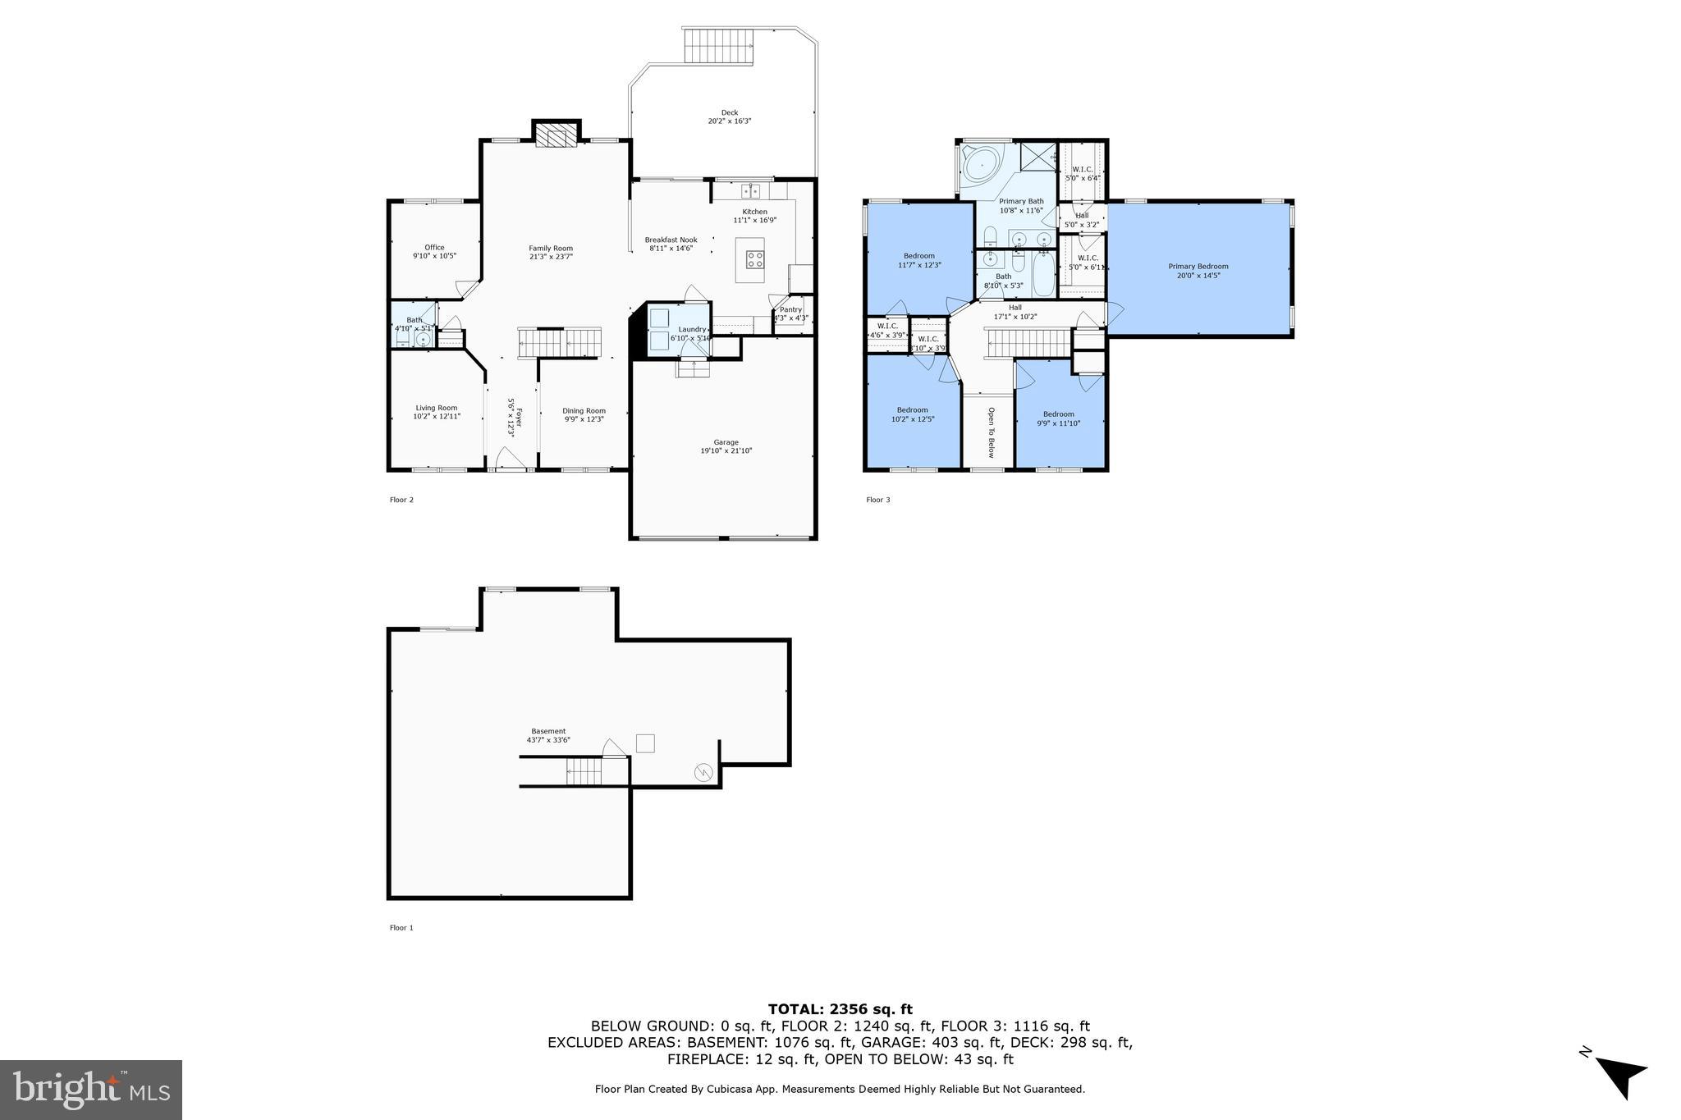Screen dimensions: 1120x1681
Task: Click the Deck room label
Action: (x=730, y=113)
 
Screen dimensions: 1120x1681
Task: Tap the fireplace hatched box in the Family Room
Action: (x=557, y=136)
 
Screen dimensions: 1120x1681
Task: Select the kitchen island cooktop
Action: (x=754, y=260)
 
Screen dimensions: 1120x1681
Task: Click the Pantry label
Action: (x=790, y=309)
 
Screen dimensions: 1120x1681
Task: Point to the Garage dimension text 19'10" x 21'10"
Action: (x=726, y=450)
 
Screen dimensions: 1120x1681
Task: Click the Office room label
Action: (x=434, y=248)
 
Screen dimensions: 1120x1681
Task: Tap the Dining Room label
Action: (x=584, y=411)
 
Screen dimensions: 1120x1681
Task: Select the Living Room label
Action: (x=436, y=408)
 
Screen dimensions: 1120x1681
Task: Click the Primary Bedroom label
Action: (x=1198, y=266)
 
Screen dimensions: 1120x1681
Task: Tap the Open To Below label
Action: (x=991, y=432)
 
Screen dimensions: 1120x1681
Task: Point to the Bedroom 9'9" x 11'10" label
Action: (x=1058, y=414)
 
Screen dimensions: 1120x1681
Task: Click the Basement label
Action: (x=548, y=731)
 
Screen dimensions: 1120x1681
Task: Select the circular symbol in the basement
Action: (x=703, y=772)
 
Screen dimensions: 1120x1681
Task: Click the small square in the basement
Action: (x=646, y=743)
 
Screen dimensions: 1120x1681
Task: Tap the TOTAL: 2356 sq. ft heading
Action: (x=840, y=1009)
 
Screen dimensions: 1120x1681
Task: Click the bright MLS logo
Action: (x=91, y=1090)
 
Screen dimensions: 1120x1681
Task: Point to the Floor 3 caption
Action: (x=877, y=500)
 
